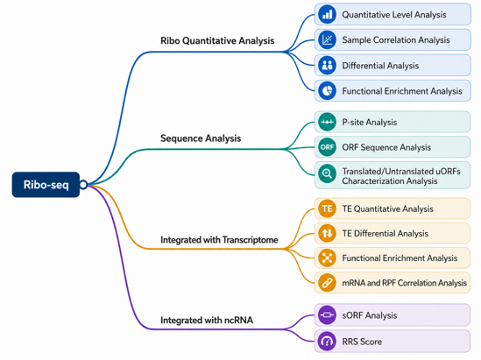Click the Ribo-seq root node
(46, 185)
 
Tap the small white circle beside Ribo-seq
(83, 185)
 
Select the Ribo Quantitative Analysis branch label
(217, 41)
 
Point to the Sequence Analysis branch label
(201, 138)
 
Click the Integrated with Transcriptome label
(219, 240)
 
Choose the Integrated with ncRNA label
(207, 320)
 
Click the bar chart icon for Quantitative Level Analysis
(327, 14)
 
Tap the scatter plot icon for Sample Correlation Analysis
(327, 40)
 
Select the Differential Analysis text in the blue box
(380, 66)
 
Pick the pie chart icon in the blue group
(327, 91)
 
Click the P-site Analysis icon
(327, 122)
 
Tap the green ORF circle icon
(327, 147)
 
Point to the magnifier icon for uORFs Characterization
(327, 173)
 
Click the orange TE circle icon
(327, 208)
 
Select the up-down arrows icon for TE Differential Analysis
(327, 233)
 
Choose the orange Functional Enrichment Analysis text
(400, 258)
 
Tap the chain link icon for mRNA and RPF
(327, 283)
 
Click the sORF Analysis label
(370, 315)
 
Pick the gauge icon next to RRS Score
(327, 342)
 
